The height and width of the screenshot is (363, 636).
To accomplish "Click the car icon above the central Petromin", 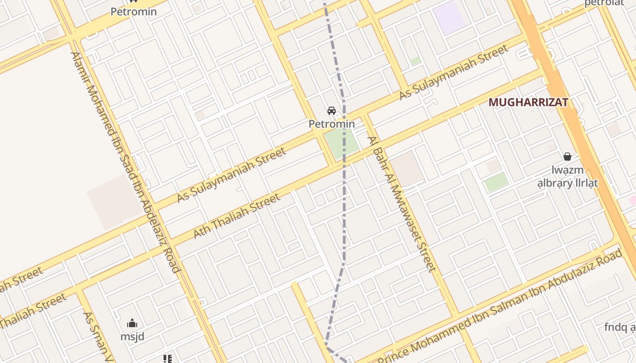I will (x=332, y=111).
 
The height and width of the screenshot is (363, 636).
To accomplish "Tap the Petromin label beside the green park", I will (x=332, y=124).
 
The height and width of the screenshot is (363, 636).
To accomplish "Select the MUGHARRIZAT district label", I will (x=528, y=103).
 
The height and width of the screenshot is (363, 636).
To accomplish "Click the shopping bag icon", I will (x=567, y=157).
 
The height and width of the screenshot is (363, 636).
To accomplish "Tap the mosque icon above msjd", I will (x=132, y=323).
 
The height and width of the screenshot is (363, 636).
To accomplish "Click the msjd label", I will (x=132, y=337).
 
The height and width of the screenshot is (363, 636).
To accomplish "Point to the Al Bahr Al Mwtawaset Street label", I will (x=402, y=204).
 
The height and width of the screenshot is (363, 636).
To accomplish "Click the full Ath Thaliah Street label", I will (x=237, y=216).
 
